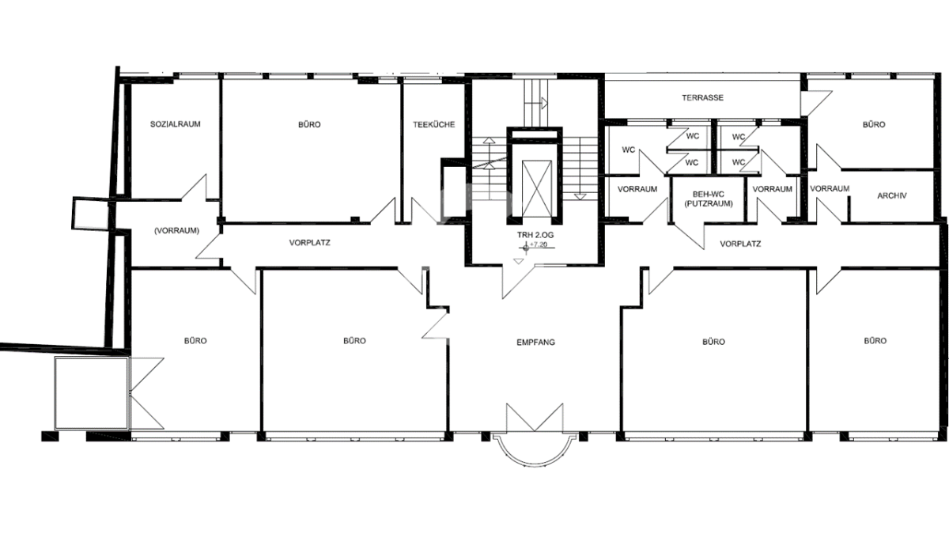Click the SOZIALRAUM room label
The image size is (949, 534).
click(175, 124)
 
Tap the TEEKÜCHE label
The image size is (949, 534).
click(434, 124)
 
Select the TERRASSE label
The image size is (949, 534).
click(702, 97)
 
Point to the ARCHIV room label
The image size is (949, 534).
click(892, 195)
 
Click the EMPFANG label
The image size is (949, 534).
click(535, 342)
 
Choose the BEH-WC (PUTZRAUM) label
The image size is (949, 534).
click(709, 199)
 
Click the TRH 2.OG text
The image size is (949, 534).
click(535, 235)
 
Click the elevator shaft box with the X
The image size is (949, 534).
click(537, 188)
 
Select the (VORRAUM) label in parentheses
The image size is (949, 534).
click(176, 230)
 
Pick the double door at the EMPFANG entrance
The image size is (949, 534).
click(535, 418)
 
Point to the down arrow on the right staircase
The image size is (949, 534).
click(580, 197)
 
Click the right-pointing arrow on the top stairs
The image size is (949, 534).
click(545, 103)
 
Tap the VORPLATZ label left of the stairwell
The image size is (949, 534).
click(310, 243)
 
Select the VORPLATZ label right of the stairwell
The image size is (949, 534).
click(740, 244)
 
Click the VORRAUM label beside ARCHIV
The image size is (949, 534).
click(830, 188)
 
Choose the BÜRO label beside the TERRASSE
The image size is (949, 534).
click(874, 124)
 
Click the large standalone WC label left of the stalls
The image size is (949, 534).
click(628, 150)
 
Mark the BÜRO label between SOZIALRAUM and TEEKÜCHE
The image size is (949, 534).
click(309, 124)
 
